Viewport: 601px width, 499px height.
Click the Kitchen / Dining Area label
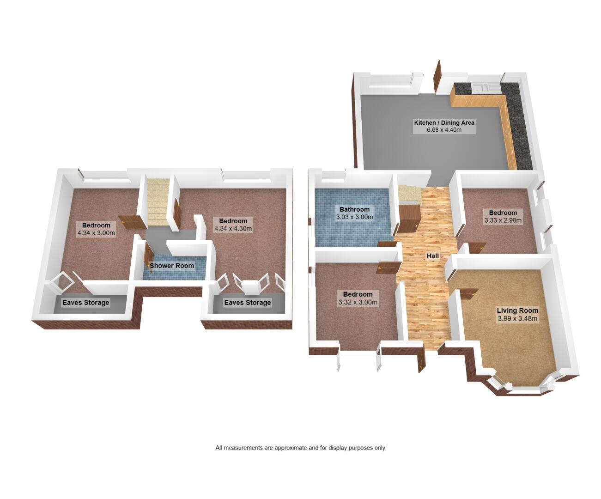pos(444,122)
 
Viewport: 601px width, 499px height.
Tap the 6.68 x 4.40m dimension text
pos(444,130)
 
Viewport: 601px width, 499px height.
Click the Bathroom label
pos(354,209)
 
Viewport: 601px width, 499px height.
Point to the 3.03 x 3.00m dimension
pos(354,217)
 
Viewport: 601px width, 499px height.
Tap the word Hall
pos(432,256)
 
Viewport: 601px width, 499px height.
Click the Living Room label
pos(517,310)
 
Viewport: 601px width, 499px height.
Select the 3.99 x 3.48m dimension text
pos(517,318)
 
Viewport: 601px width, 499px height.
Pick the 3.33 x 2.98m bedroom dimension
pos(503,220)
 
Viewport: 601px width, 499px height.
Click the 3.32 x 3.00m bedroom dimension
pos(358,302)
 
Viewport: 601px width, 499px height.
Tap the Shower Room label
pos(171,266)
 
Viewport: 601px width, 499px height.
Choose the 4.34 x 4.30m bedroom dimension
pos(233,229)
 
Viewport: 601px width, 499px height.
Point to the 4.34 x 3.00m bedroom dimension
pos(96,233)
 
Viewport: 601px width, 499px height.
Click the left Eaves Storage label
pos(86,302)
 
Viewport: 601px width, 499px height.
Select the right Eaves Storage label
pos(248,302)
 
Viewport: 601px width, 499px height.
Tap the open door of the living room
pos(468,294)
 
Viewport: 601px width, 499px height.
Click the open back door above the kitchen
pos(437,74)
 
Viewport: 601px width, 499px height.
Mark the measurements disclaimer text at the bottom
pos(300,448)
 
